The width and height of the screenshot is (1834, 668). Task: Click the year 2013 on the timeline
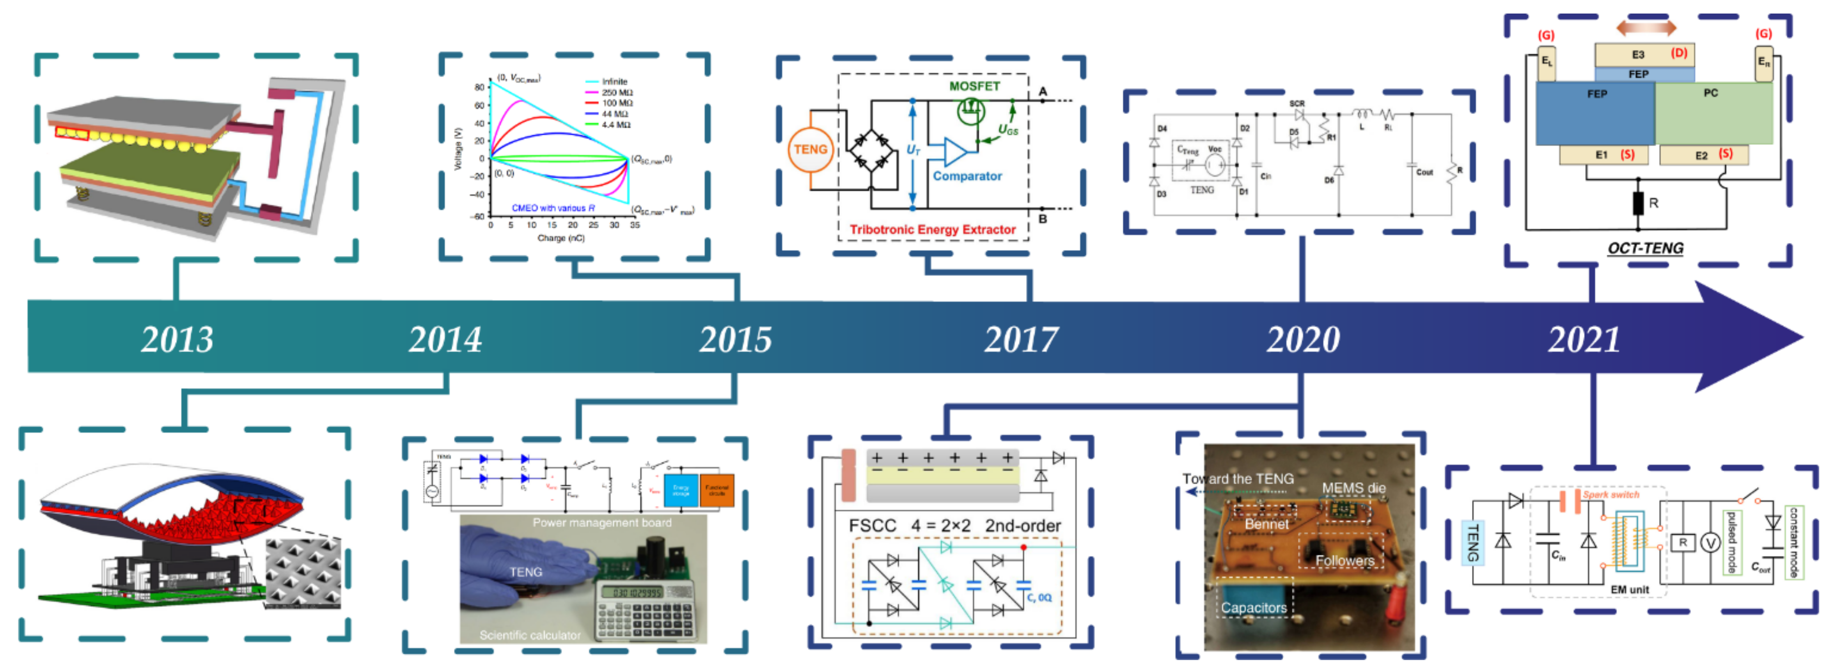pos(177,339)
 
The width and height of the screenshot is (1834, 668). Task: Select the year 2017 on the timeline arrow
pos(1021,339)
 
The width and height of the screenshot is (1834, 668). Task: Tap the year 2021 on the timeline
pos(1584,339)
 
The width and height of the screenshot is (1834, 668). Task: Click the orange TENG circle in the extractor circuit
pos(810,149)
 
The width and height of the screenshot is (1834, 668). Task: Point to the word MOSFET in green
pos(974,86)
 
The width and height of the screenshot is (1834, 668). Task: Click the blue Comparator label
pos(967,176)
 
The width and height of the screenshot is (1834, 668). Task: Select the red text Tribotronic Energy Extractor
pos(933,229)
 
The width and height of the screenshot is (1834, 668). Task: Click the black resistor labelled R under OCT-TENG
pos(1637,204)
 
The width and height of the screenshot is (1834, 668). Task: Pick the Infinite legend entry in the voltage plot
pos(614,82)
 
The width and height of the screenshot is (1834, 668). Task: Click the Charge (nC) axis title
pos(561,238)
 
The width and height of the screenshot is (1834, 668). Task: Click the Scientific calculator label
pos(530,635)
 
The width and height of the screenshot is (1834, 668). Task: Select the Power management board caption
pos(602,523)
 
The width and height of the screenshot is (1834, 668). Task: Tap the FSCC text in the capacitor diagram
pos(872,526)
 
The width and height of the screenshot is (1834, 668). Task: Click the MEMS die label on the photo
pos(1353,488)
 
